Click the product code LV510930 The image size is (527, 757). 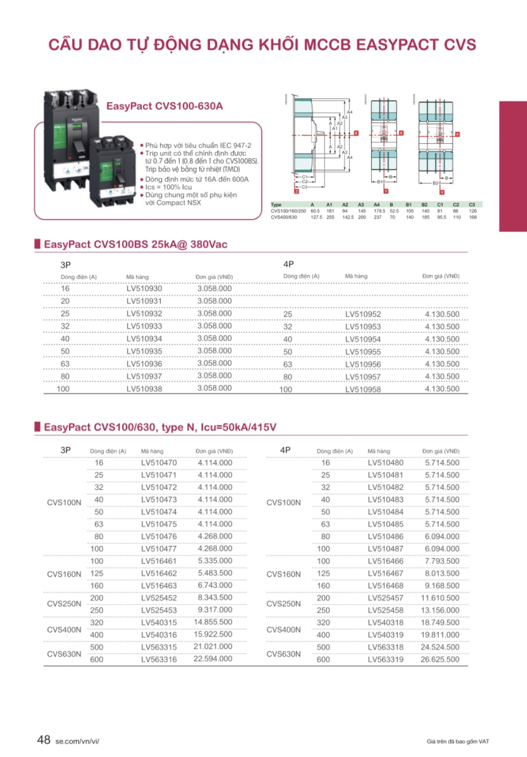[144, 289]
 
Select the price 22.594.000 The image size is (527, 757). [213, 659]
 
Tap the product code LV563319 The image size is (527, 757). [385, 659]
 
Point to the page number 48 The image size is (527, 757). [44, 740]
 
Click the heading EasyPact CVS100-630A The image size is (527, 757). [164, 106]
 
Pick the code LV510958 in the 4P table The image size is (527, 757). [363, 389]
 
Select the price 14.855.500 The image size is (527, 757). [213, 622]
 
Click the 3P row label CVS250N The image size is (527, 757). [64, 603]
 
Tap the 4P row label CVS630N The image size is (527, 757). [284, 654]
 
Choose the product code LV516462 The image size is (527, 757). [159, 573]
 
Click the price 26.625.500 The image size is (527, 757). [440, 659]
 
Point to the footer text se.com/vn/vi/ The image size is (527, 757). [77, 741]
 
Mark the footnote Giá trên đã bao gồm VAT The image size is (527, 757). [458, 741]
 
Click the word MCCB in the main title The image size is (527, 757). [327, 44]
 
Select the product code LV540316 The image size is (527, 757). [159, 634]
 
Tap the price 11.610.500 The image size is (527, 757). [440, 597]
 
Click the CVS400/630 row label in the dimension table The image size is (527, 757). [284, 217]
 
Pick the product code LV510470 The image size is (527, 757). [159, 463]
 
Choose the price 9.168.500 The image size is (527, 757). [442, 586]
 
